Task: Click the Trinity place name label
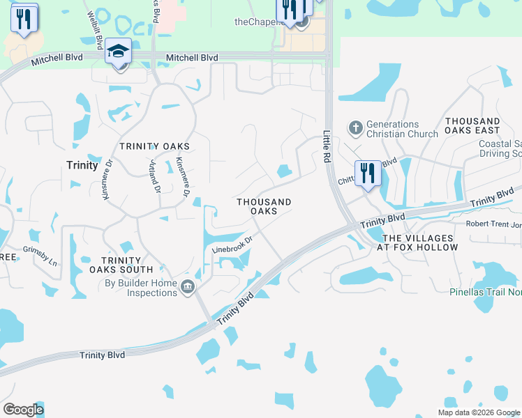coord(82,165)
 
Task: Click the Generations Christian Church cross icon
coord(355,128)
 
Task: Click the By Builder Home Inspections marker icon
coord(187,287)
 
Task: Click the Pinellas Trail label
coord(486,293)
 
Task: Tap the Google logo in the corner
coord(23,410)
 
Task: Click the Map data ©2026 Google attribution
coord(478,412)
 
